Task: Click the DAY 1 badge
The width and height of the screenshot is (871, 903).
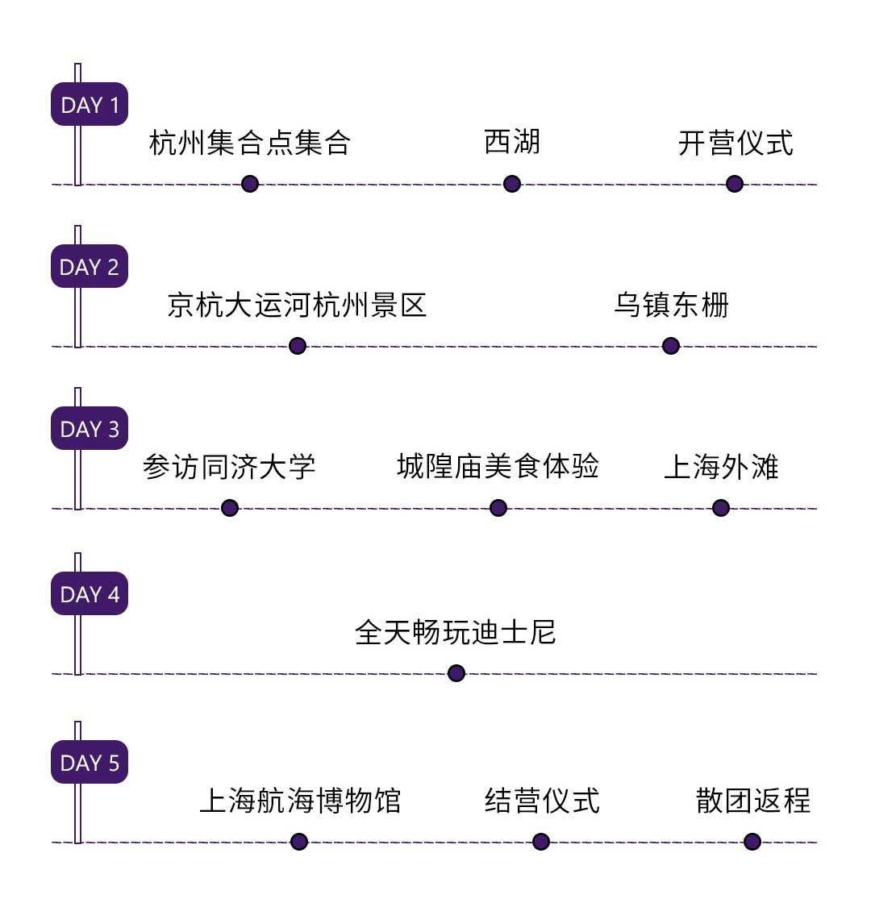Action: pos(90,105)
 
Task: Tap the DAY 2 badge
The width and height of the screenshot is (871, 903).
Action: pos(90,267)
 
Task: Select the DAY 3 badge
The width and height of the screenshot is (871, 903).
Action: pos(90,429)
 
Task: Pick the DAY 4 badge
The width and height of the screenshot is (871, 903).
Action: pos(90,594)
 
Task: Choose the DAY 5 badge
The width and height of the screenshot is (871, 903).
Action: pos(90,763)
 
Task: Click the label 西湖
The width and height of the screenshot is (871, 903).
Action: pos(512,142)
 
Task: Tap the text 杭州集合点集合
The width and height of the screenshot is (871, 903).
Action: pos(250,143)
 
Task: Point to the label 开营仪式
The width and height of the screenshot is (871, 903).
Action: pos(736,143)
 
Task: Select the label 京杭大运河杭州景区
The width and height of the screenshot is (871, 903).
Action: pos(297,306)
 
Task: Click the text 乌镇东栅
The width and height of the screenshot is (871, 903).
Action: pos(671,306)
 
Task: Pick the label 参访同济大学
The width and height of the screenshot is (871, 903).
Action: pos(229,467)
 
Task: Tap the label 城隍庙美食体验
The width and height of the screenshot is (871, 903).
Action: pos(498,466)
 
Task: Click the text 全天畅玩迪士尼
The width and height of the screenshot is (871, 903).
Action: pos(456,632)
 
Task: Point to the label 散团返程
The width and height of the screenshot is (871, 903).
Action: pos(753,801)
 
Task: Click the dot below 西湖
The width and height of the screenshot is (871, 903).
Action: pos(512,184)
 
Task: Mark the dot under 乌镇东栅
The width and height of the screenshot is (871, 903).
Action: pos(670,346)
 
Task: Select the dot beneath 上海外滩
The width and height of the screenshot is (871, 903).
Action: pos(721,508)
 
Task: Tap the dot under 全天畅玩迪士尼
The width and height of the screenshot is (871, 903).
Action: pos(456,673)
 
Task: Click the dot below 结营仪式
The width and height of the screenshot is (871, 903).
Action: pos(541,842)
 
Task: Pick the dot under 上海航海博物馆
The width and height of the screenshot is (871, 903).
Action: pos(299,842)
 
